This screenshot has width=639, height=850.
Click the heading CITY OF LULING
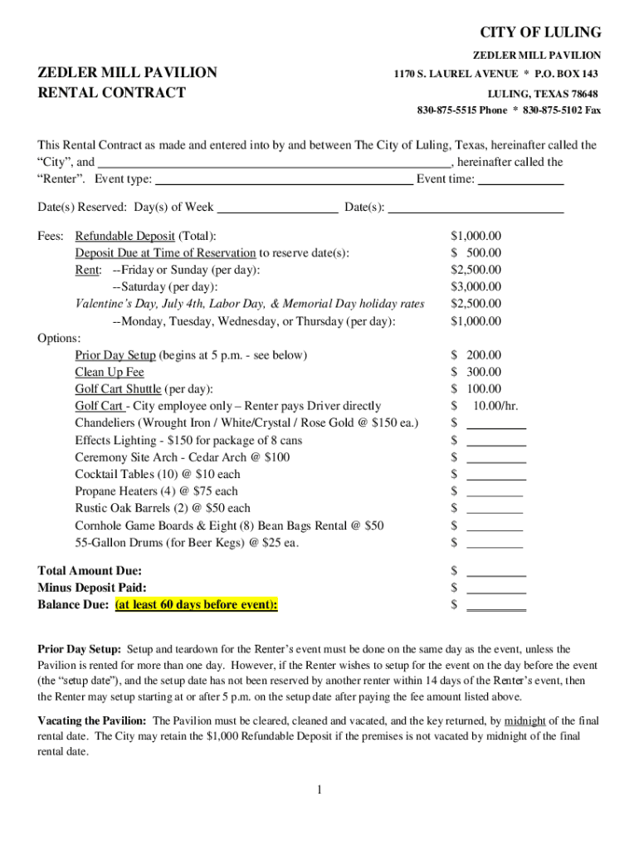tap(540, 32)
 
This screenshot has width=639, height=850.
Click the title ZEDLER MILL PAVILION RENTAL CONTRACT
tap(127, 82)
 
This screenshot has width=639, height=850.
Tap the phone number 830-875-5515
tap(447, 110)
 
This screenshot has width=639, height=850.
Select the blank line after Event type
tap(284, 180)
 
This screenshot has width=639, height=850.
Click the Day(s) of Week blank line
tap(277, 208)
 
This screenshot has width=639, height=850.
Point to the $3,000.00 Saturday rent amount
tap(476, 287)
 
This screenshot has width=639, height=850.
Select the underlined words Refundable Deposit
tap(124, 237)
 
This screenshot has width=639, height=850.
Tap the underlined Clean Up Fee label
tap(110, 373)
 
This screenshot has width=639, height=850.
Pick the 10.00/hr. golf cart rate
tap(495, 406)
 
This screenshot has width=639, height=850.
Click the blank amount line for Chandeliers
tap(496, 424)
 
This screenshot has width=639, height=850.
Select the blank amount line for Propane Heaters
tap(495, 492)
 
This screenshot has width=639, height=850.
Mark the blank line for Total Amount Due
tap(496, 572)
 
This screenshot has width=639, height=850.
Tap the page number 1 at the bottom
tap(319, 789)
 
